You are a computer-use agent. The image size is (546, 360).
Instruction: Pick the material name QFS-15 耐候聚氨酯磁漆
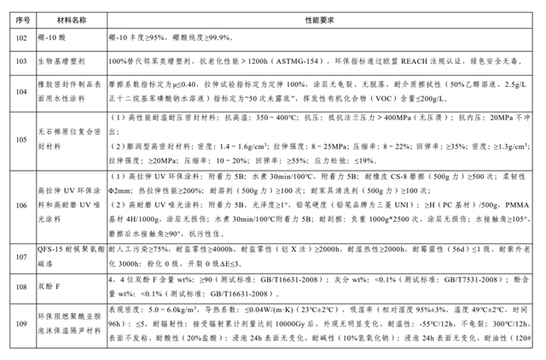click(x=68, y=254)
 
